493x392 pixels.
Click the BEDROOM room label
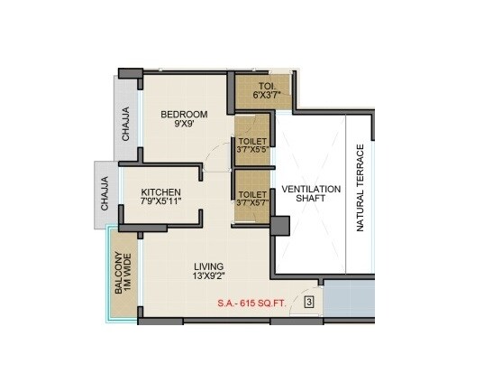pos(184,114)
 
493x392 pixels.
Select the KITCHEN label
pos(160,192)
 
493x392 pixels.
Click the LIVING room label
pos(210,266)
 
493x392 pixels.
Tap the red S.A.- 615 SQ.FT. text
pos(251,303)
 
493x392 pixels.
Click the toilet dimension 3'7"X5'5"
pos(251,148)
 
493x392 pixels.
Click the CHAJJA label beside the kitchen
pos(105,194)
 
